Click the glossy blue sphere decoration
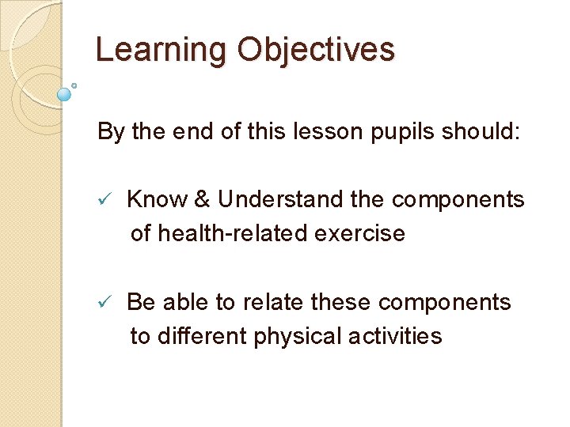coord(64,94)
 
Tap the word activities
coord(395,337)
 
